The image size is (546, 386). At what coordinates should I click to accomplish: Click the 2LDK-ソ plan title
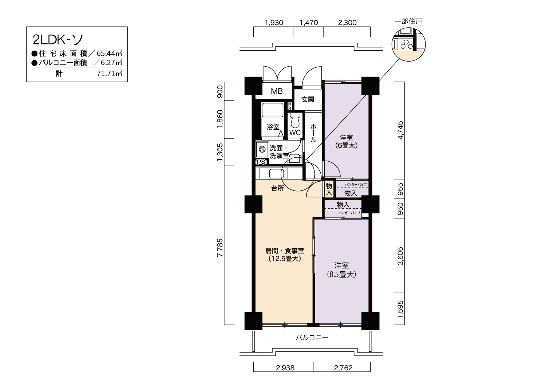[58, 40]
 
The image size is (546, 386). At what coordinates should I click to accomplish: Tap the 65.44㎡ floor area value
[110, 53]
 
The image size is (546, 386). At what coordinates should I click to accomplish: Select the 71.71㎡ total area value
[110, 73]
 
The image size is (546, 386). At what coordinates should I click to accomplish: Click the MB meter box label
[277, 91]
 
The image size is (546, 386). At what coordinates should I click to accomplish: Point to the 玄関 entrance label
[308, 99]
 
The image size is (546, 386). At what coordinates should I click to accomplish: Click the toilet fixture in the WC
[295, 120]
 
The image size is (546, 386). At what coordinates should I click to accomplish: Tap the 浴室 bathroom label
[273, 127]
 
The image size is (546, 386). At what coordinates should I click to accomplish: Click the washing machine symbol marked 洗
[262, 149]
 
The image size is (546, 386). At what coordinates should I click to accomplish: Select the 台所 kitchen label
[278, 188]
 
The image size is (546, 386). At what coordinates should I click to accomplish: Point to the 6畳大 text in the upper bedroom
[347, 146]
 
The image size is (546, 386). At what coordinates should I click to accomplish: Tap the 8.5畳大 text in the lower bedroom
[341, 275]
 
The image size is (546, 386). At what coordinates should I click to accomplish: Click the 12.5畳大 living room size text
[285, 259]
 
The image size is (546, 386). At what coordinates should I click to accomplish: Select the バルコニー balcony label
[312, 338]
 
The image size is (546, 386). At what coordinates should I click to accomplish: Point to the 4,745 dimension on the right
[400, 130]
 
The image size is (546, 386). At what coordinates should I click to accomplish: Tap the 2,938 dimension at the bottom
[285, 368]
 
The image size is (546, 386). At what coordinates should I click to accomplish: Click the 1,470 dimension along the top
[309, 23]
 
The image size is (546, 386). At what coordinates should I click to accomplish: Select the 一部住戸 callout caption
[408, 21]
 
